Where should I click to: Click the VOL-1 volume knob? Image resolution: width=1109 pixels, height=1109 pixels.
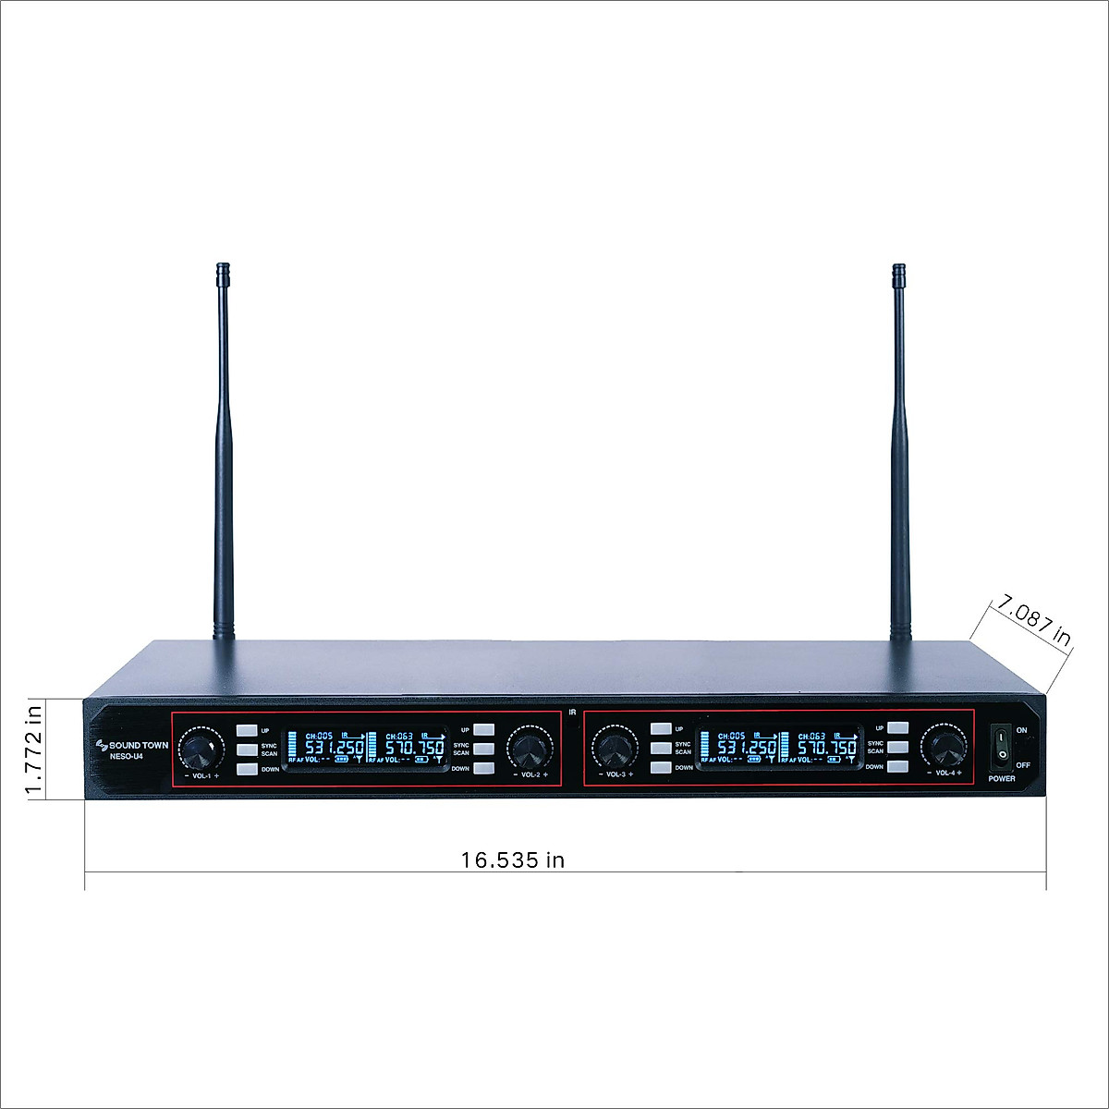pyautogui.click(x=201, y=748)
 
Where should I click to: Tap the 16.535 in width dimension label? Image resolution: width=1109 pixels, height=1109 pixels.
pyautogui.click(x=513, y=860)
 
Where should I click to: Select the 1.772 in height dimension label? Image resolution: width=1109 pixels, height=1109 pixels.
pyautogui.click(x=34, y=749)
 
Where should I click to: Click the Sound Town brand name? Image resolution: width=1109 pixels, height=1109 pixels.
pyautogui.click(x=139, y=745)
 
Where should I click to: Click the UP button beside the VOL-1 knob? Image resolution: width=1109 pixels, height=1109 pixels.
pyautogui.click(x=246, y=730)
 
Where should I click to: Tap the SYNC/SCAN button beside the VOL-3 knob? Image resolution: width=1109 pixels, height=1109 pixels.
pyautogui.click(x=661, y=748)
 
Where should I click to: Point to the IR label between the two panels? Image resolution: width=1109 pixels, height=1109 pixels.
pyautogui.click(x=573, y=713)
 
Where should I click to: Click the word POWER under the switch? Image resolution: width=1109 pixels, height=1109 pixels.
pyautogui.click(x=1002, y=779)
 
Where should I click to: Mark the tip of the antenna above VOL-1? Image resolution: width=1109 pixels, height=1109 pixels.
pyautogui.click(x=223, y=269)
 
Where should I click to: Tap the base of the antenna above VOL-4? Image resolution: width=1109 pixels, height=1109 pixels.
pyautogui.click(x=900, y=633)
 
